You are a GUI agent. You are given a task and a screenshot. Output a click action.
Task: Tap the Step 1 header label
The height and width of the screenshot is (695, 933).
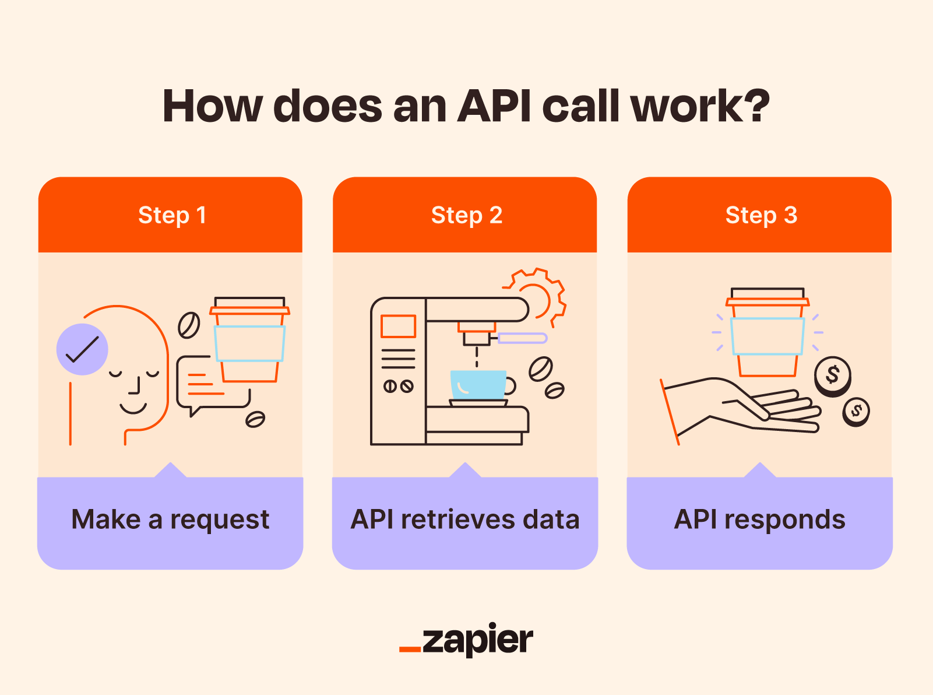pyautogui.click(x=172, y=215)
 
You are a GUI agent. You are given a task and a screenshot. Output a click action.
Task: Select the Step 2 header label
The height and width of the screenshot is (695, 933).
pyautogui.click(x=466, y=215)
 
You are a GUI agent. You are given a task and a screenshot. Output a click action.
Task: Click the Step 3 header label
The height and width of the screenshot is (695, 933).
pyautogui.click(x=761, y=215)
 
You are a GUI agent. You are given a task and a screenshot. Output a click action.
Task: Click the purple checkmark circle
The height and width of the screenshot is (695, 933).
pyautogui.click(x=82, y=349)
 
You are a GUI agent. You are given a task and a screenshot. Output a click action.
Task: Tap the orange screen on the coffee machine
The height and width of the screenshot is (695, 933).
pyautogui.click(x=398, y=327)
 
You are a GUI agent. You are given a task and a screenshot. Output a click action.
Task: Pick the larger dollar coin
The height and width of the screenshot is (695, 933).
pyautogui.click(x=832, y=375)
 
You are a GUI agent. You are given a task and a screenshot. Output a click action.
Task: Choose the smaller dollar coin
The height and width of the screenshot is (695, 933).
pyautogui.click(x=855, y=411)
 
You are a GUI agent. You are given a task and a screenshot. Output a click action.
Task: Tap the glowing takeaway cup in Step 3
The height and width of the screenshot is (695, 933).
pyautogui.click(x=767, y=332)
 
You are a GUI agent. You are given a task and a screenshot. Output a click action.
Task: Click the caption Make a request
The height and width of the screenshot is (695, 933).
pyautogui.click(x=170, y=520)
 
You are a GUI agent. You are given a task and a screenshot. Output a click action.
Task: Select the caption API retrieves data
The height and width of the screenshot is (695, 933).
pyautogui.click(x=465, y=520)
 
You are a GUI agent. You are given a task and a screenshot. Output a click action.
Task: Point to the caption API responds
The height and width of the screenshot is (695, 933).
pyautogui.click(x=759, y=520)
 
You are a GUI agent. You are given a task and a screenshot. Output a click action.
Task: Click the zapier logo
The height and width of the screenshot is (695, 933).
pyautogui.click(x=466, y=640)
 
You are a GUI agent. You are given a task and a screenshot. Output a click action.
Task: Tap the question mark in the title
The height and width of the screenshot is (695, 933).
pyautogui.click(x=756, y=106)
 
